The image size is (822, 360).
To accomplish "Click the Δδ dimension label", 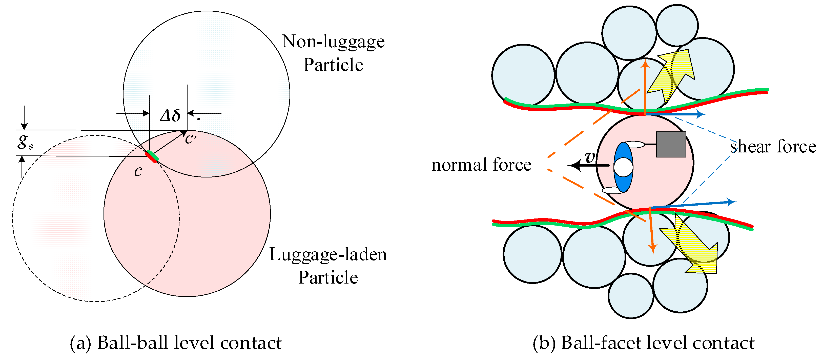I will [x=170, y=115].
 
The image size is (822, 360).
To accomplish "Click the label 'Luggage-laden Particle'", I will [x=328, y=266].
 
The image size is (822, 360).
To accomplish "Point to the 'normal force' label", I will [x=481, y=165].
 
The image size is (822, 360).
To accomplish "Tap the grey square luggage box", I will [x=671, y=145].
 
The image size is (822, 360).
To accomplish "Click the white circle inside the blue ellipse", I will [x=623, y=167].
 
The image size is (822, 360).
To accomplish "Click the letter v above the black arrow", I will [x=590, y=157].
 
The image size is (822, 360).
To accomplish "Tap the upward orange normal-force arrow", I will [x=646, y=86].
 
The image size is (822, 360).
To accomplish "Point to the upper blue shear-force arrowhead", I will [x=701, y=114].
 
